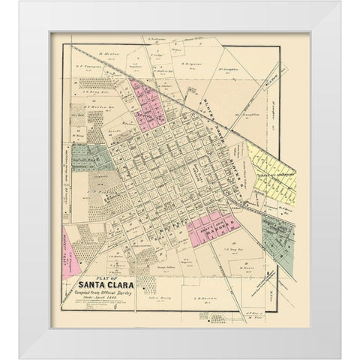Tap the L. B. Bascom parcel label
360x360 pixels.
click(205, 298)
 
